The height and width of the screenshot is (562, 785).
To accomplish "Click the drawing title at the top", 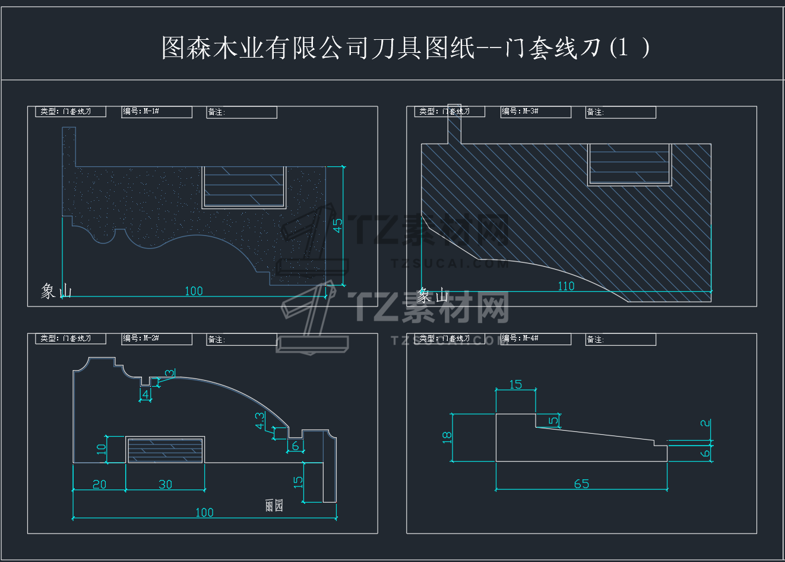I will point(406,48).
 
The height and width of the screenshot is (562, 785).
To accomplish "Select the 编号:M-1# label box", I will point(157,112).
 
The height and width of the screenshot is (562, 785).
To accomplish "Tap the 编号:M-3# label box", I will point(536,112).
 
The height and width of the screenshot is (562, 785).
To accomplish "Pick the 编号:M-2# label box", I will point(157,339).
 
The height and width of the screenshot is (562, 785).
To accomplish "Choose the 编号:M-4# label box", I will point(536,339).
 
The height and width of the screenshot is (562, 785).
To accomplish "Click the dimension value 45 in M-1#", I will point(337,226).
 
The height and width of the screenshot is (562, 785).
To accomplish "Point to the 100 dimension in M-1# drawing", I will point(194,291).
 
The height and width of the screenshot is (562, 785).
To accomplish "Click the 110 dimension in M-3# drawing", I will point(566,286).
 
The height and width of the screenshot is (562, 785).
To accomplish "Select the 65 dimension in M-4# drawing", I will point(581,484).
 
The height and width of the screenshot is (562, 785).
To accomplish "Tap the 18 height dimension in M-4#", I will point(447,438).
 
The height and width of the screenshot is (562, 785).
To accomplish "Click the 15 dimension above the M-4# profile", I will point(515,384).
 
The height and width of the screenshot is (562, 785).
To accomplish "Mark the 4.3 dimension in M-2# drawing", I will point(260,421).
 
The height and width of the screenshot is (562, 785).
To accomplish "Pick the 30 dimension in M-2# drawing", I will point(165,484).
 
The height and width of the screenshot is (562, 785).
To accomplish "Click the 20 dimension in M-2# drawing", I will point(99,484).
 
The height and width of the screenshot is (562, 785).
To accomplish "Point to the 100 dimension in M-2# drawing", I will point(204,512).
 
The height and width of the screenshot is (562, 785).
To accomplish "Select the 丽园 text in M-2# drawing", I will point(274,506).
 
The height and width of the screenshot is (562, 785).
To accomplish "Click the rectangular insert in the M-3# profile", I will point(629,165).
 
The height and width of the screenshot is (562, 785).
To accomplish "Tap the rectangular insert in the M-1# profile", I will point(244,187).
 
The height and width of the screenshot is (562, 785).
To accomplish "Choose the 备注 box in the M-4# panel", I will point(621,339).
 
